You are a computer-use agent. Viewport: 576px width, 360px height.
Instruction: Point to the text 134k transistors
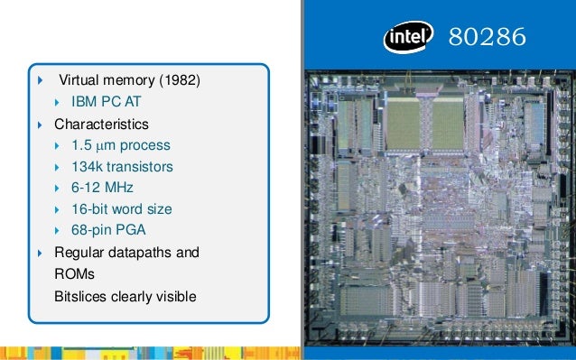tap(122, 166)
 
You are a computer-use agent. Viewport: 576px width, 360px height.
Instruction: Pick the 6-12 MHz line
tap(102, 188)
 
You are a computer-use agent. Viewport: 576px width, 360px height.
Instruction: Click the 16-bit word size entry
tap(122, 209)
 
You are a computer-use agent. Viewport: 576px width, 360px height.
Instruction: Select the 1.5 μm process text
tap(120, 144)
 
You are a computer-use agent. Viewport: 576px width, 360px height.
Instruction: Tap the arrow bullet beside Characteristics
tap(40, 123)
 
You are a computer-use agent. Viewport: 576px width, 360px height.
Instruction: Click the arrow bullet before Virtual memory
tap(40, 82)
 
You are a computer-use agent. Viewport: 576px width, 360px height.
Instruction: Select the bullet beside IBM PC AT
tap(58, 103)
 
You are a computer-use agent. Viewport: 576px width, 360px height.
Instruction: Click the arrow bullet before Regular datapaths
tap(40, 252)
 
